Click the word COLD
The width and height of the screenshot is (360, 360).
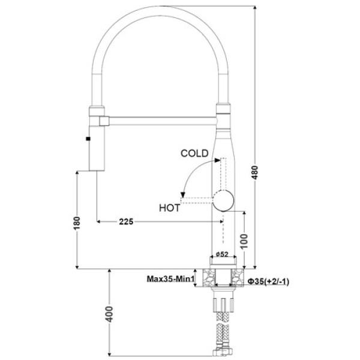(194, 154)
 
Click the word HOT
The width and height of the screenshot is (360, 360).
(169, 208)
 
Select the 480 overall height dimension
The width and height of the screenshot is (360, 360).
(255, 172)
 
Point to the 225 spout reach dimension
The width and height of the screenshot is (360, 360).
(126, 221)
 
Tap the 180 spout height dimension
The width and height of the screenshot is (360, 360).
(77, 223)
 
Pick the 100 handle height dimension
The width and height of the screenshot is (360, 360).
(244, 241)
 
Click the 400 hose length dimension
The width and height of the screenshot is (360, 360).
(110, 314)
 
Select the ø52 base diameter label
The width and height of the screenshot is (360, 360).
(222, 254)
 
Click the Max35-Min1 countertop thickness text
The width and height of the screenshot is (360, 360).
(170, 279)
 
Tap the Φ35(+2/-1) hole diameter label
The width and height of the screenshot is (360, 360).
(268, 281)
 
